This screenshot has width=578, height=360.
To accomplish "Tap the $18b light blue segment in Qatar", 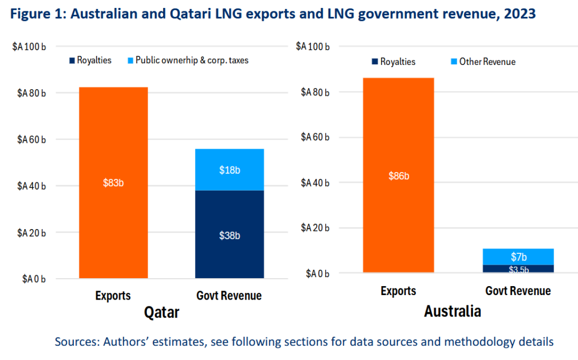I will point(230,170).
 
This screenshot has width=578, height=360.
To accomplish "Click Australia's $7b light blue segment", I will point(518,257).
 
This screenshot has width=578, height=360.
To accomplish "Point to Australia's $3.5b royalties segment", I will point(518,269).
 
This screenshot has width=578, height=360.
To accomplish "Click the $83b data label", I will point(114,182).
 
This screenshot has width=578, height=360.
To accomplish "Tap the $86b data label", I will point(399,176).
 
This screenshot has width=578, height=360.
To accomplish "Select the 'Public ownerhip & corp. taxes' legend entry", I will point(188,60).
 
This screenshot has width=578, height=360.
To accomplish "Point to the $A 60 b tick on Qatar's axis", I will point(29,139).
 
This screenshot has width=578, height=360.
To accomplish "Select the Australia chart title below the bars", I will point(452,310).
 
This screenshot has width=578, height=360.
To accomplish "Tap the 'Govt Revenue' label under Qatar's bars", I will point(229,295).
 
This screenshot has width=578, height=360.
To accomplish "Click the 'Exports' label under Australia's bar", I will point(398,291).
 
